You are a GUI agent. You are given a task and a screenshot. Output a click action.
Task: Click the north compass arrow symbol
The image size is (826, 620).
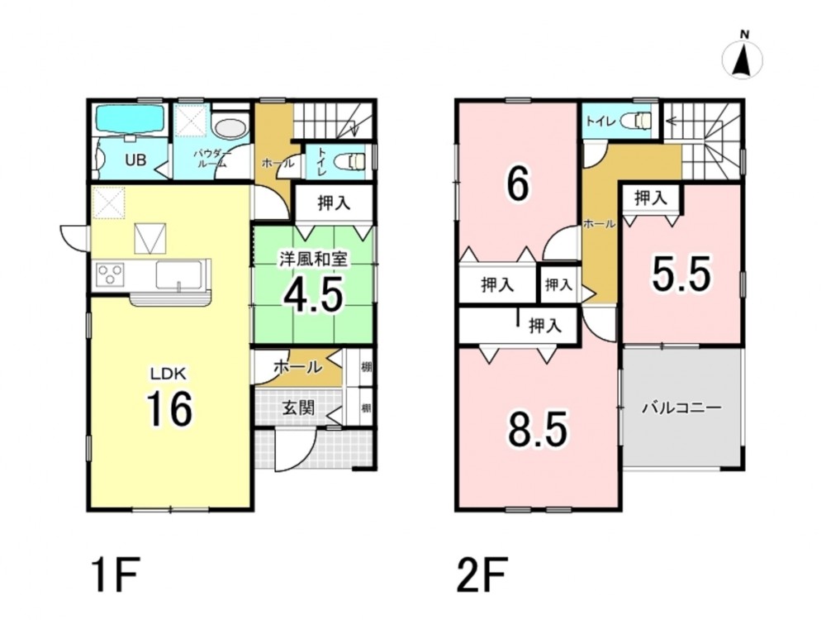pyautogui.click(x=743, y=59)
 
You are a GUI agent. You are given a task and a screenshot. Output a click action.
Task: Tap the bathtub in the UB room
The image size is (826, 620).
pyautogui.click(x=129, y=120)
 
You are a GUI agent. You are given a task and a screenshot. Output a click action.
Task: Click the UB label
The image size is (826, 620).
pyautogui.click(x=135, y=160)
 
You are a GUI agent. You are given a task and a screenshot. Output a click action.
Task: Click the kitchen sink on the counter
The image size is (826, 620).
pyautogui.click(x=178, y=274)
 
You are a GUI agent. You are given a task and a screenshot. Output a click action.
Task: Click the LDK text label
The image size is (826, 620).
pyautogui.click(x=169, y=374)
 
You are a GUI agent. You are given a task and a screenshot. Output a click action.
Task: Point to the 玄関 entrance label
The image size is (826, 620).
pyautogui.click(x=299, y=407)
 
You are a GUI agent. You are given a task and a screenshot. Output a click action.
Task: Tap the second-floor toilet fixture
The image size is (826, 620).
pyautogui.click(x=637, y=122)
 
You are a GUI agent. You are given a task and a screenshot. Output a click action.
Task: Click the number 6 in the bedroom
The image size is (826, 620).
pyautogui.click(x=517, y=184)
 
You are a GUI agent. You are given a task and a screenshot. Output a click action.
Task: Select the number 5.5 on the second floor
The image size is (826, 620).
pyautogui.click(x=681, y=274)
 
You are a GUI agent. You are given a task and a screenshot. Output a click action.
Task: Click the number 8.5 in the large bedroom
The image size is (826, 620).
pyautogui.click(x=538, y=429)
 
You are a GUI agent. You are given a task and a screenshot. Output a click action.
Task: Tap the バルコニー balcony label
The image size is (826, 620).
pyautogui.click(x=681, y=408)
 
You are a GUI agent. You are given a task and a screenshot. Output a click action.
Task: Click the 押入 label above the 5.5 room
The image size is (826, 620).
pyautogui.click(x=651, y=198)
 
